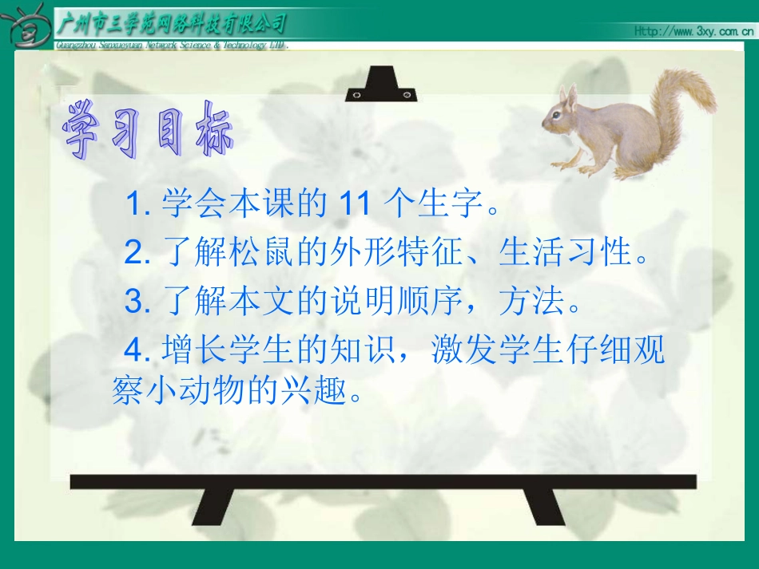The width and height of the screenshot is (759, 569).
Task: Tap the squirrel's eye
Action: click(560, 113)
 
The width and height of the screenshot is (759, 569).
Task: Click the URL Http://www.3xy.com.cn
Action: click(693, 31)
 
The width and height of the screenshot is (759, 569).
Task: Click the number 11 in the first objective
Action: click(355, 205)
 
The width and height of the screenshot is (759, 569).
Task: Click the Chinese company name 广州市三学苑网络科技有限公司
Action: click(172, 24)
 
